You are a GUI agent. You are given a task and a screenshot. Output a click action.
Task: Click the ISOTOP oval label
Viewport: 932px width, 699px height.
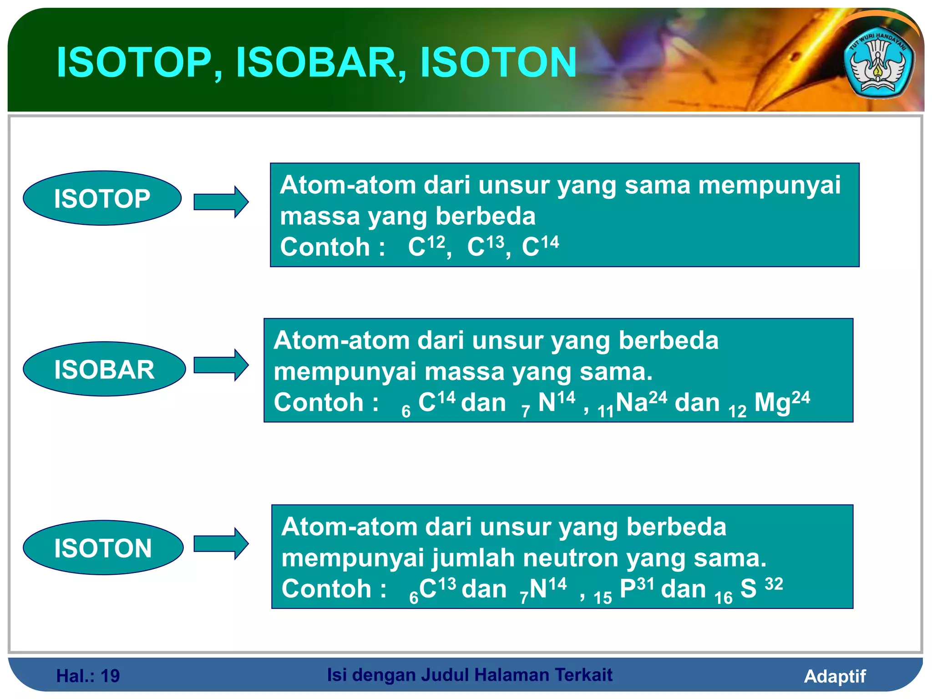[x=102, y=198]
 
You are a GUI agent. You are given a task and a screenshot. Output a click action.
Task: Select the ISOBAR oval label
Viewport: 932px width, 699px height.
[x=104, y=369]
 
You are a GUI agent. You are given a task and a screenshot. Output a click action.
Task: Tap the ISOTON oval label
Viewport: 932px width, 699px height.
[x=103, y=548]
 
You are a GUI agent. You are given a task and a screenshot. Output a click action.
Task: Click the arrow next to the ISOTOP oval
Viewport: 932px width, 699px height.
[x=221, y=202]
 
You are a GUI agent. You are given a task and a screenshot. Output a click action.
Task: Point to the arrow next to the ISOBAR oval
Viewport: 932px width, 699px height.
[x=221, y=365]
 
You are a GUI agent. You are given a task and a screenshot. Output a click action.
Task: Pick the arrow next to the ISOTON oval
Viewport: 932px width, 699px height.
[x=221, y=543]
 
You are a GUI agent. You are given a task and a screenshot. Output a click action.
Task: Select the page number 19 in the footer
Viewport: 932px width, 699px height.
[x=110, y=676]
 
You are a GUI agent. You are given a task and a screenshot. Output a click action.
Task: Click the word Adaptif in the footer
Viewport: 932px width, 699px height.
[x=835, y=676]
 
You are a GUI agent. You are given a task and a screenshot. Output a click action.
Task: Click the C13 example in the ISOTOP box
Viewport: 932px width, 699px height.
[x=485, y=246]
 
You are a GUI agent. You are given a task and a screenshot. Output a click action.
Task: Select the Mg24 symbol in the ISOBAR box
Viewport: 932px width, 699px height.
[x=781, y=402]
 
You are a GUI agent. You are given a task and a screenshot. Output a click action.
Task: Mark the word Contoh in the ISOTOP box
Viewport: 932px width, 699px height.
[x=324, y=247]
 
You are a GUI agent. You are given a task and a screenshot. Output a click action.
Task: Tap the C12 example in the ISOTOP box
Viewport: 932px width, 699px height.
[x=426, y=246]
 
